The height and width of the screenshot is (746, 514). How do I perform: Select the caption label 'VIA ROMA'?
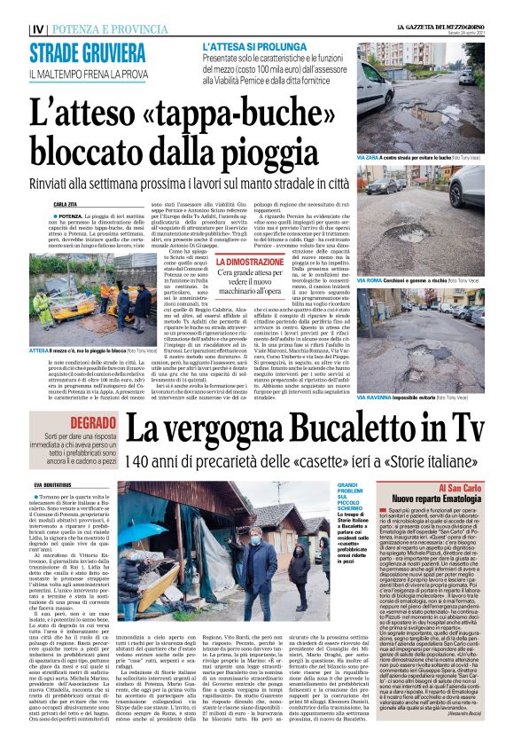tap(370, 279)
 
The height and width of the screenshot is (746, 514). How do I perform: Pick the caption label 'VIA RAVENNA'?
tap(374, 398)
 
